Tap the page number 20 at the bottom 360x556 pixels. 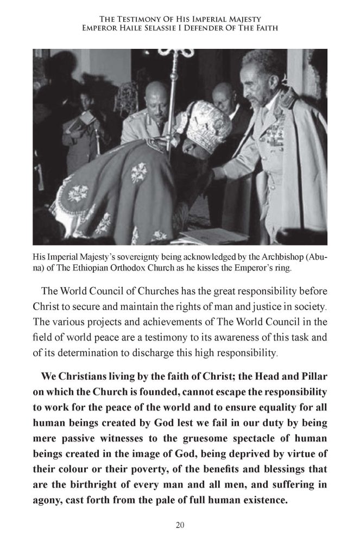[x=180, y=525]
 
